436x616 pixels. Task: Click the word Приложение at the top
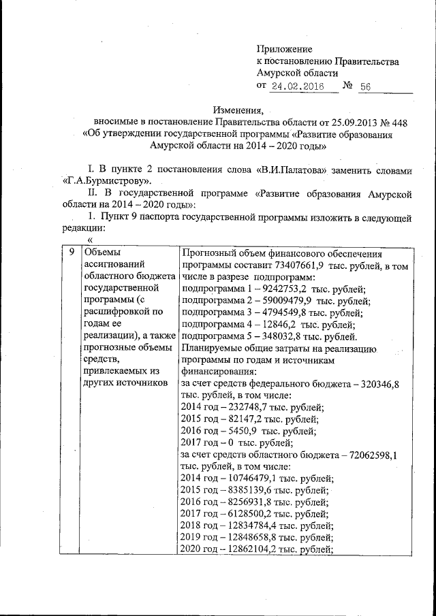pos(284,49)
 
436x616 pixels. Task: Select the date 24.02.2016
pos(294,86)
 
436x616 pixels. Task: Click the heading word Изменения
pos(237,110)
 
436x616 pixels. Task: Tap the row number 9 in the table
pos(71,253)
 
